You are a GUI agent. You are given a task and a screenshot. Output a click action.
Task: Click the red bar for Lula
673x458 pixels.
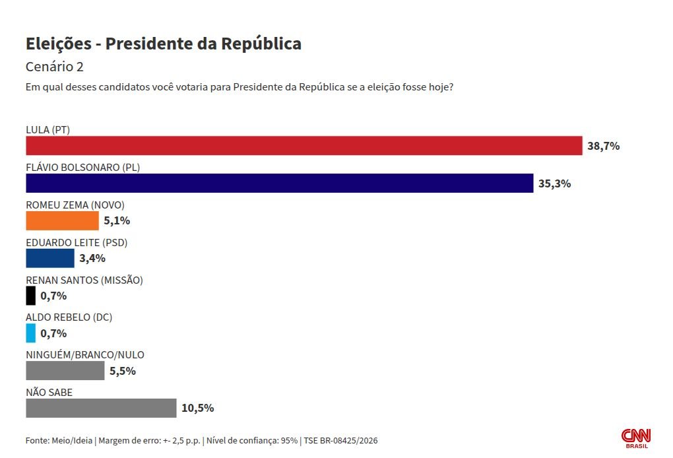click(304, 146)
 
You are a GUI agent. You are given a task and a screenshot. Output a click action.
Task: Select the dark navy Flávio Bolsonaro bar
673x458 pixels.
click(279, 183)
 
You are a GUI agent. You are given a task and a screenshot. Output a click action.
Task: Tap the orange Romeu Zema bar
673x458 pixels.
click(62, 220)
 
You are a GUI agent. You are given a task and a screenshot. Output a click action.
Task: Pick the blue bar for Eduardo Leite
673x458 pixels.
click(50, 258)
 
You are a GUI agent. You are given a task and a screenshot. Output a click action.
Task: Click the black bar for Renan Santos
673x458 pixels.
click(30, 296)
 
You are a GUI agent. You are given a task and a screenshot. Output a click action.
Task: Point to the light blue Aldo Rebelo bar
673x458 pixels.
click(30, 333)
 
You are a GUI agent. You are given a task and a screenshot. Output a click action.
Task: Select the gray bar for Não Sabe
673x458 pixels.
click(101, 408)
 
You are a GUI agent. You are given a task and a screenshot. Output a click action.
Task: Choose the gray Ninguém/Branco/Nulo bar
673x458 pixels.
click(65, 371)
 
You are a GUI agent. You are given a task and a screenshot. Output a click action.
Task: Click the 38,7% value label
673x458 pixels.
click(603, 147)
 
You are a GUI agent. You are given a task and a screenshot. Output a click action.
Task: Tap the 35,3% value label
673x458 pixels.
click(554, 183)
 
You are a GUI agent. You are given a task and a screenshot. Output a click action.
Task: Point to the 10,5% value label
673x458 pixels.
click(197, 408)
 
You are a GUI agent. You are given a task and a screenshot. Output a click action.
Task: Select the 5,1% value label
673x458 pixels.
click(116, 221)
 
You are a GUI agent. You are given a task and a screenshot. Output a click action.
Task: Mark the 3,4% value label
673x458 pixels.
click(92, 258)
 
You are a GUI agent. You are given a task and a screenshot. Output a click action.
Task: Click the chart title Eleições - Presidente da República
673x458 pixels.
click(164, 44)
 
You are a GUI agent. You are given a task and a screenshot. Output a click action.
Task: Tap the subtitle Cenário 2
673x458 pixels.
click(55, 67)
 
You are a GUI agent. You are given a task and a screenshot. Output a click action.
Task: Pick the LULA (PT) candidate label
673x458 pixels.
click(48, 129)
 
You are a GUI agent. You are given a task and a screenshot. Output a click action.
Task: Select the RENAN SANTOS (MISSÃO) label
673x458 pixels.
click(84, 280)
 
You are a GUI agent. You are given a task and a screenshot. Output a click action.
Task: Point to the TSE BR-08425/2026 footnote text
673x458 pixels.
click(341, 440)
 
